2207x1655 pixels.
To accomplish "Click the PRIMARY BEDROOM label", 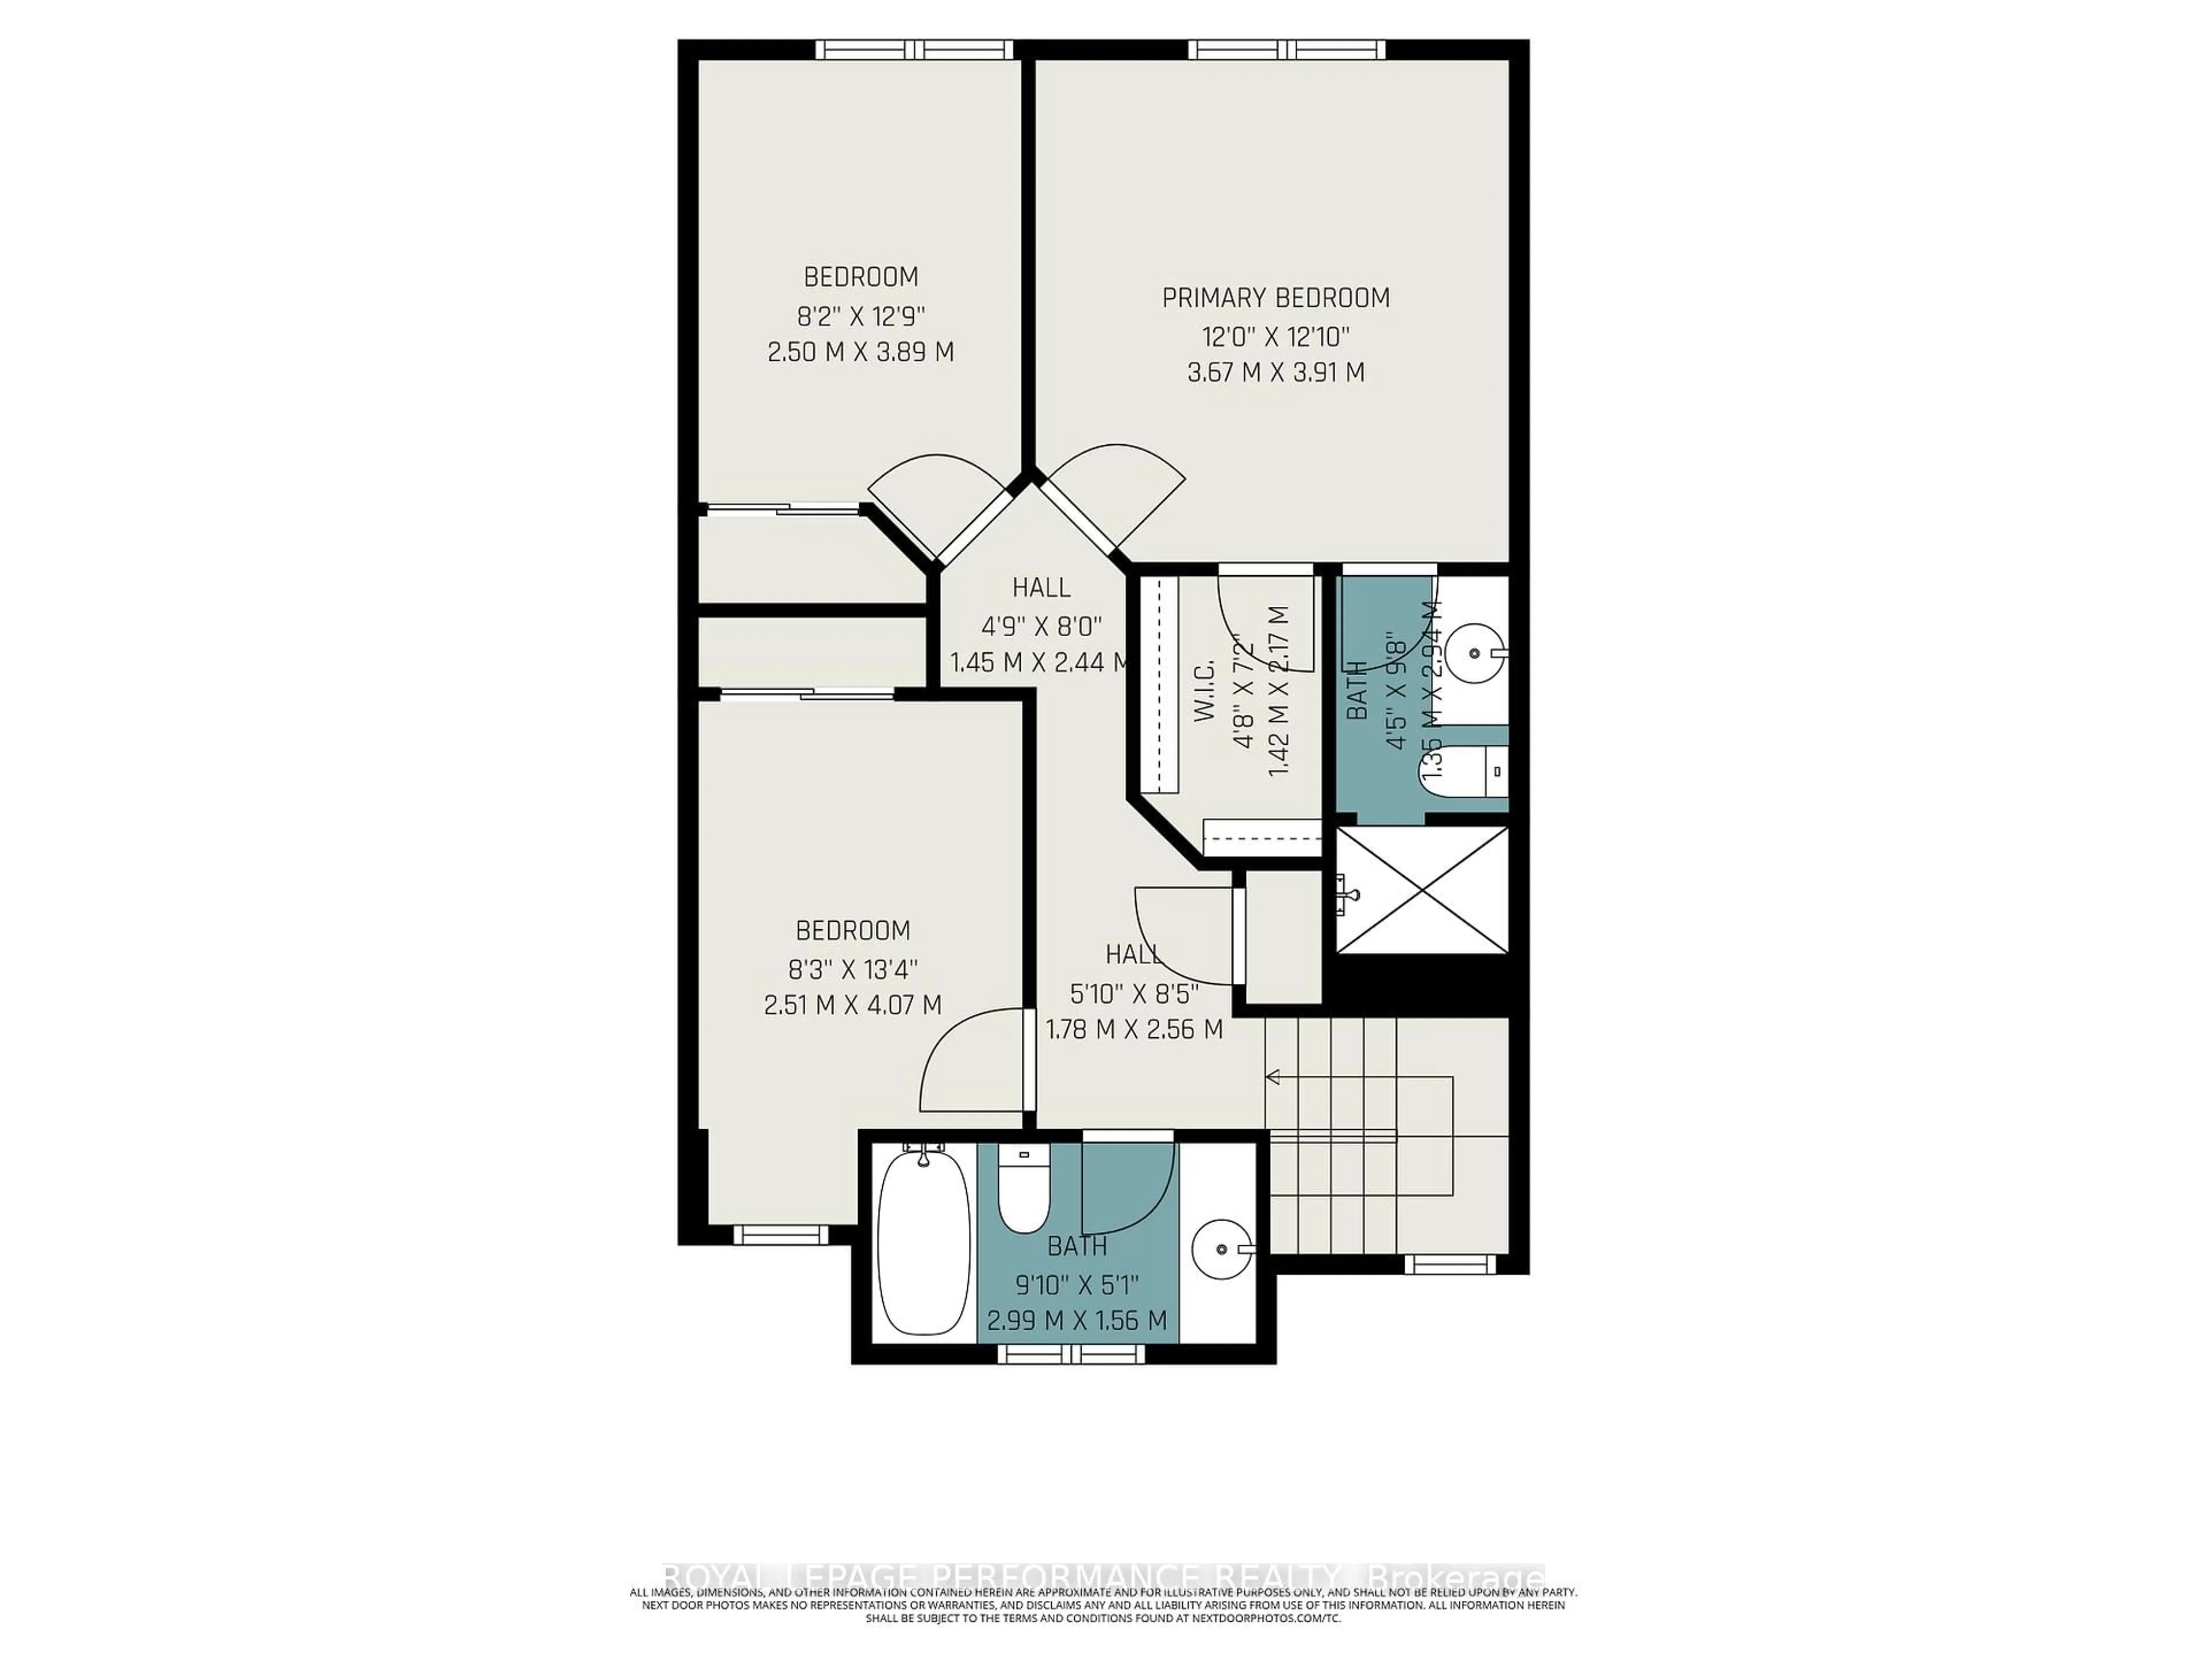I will [1275, 297].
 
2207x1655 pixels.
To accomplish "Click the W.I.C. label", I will [1204, 688].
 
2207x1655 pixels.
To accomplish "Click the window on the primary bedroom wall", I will [1287, 49].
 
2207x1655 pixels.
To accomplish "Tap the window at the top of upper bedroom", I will [914, 49].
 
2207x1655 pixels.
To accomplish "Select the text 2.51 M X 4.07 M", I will [852, 1004].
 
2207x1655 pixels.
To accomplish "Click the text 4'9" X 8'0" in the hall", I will [1041, 625].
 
